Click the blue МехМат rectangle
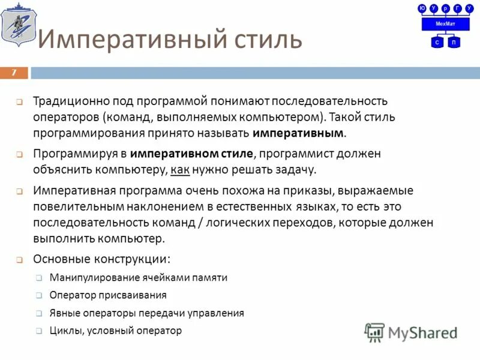coord(446,24)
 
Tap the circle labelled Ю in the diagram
coord(422,8)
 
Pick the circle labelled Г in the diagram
coord(458,8)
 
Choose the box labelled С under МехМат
coord(437,42)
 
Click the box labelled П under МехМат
coord(454,42)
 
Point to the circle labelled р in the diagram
coord(446,8)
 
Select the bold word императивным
coord(299,133)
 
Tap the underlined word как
coord(180,170)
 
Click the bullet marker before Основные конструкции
coord(20,260)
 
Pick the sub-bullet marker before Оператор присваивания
coord(38,296)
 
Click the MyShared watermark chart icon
coord(374,332)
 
